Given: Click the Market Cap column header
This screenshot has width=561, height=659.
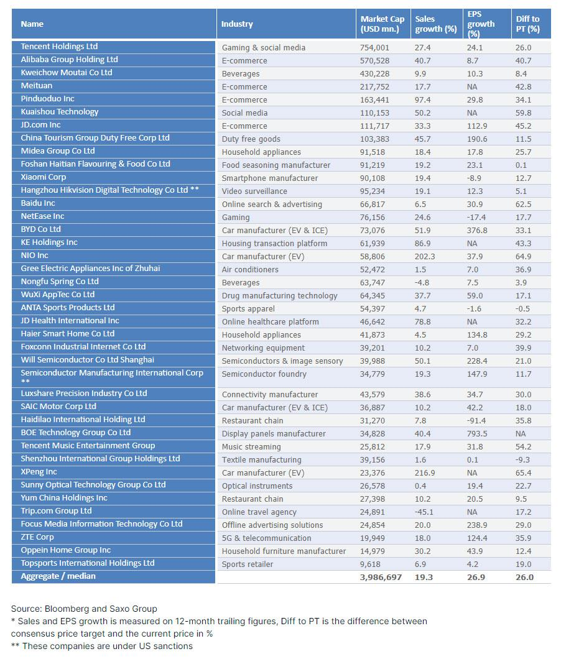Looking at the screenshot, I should [382, 24].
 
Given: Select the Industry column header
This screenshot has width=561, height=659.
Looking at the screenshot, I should [237, 24].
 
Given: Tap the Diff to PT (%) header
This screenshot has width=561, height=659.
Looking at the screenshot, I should [527, 24].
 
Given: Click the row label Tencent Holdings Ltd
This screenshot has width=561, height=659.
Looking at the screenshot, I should [59, 47].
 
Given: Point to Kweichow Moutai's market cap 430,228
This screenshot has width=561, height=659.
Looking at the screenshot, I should [374, 73].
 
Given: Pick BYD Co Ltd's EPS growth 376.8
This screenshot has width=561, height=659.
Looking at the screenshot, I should [477, 230].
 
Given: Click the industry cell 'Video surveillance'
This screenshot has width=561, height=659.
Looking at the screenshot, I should [254, 191].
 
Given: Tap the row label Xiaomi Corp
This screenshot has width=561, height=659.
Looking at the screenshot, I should [44, 177].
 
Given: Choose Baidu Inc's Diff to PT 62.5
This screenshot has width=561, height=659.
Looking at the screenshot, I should [523, 204].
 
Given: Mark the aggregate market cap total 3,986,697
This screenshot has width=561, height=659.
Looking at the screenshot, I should [381, 577].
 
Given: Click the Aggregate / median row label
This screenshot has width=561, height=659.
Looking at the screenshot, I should [58, 576].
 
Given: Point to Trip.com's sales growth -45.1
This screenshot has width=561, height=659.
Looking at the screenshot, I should [424, 512].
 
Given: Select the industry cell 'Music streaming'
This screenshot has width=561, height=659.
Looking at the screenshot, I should [251, 447].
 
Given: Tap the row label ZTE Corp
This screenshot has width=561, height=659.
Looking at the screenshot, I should [37, 537].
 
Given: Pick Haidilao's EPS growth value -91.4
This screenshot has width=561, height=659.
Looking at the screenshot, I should [476, 420].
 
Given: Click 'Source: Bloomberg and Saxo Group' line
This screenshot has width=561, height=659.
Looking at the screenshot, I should [84, 609].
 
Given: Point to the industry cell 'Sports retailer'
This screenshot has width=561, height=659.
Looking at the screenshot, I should [248, 565].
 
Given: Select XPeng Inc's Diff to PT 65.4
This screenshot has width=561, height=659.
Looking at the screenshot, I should [523, 472].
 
